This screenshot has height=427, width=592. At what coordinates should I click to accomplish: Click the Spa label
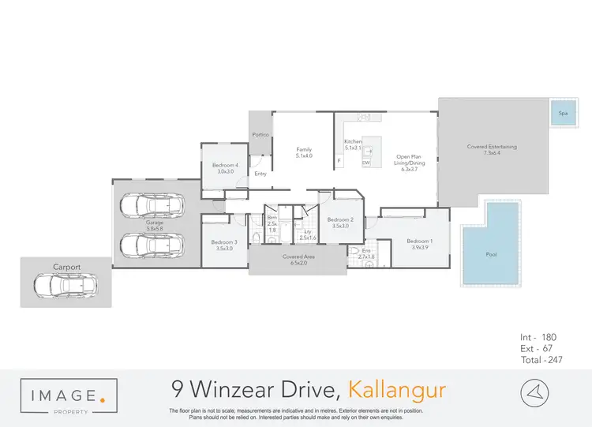563,113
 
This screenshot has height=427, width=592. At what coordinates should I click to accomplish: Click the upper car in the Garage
154,208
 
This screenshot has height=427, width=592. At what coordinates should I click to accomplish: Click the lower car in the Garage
154,245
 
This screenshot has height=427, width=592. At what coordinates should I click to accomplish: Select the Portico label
261,135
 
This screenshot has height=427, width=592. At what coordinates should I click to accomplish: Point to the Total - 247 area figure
545,359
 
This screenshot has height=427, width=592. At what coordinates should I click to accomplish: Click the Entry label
260,174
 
